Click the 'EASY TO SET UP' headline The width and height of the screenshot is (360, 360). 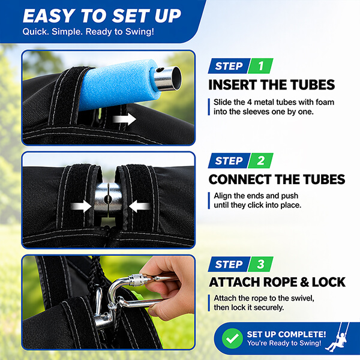(x=102, y=16)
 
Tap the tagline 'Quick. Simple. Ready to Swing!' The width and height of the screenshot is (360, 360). (x=88, y=32)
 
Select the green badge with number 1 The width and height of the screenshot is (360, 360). (x=260, y=66)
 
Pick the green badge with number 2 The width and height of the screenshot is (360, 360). (x=260, y=160)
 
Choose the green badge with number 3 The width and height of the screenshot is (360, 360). (x=260, y=264)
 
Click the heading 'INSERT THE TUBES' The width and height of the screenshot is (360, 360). (x=272, y=85)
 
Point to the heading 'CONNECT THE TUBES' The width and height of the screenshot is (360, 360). (x=277, y=179)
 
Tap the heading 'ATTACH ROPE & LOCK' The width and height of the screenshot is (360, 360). (x=277, y=282)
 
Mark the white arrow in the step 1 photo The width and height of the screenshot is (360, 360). (x=124, y=119)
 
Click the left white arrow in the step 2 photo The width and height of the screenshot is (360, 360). (x=81, y=206)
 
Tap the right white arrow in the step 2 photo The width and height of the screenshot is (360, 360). (x=139, y=206)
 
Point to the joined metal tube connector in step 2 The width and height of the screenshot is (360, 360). (x=108, y=197)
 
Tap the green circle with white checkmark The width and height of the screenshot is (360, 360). (x=232, y=338)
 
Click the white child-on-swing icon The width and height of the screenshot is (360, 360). (x=337, y=337)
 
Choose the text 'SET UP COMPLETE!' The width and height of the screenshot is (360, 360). (x=286, y=334)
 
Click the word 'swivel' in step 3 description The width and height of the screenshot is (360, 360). (x=302, y=298)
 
